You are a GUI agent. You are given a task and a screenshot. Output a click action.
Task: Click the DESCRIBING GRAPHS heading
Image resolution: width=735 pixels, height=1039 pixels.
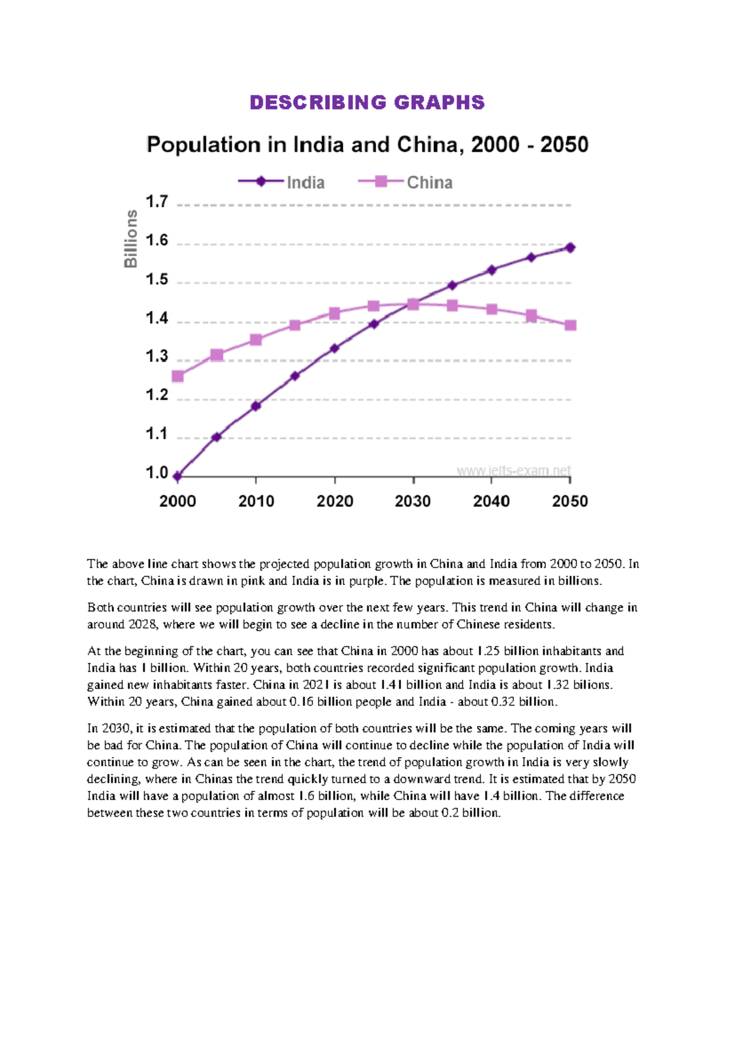367,102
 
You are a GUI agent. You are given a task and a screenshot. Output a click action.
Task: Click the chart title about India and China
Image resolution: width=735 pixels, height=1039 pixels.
367,145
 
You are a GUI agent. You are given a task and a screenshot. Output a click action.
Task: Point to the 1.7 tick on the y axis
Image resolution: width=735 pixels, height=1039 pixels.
157,202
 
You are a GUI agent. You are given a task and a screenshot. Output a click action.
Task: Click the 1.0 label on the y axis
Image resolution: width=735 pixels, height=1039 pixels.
157,473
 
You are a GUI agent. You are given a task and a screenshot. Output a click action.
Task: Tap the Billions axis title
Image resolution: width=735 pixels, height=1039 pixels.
130,239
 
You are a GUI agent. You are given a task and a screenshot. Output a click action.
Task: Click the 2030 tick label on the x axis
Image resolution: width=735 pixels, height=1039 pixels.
413,502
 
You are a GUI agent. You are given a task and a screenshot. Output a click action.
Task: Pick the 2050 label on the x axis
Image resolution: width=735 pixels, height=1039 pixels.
570,502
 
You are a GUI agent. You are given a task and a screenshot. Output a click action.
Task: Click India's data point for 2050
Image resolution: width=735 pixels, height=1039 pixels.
570,247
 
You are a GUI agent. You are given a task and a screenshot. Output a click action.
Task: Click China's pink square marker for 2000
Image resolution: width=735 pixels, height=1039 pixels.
178,376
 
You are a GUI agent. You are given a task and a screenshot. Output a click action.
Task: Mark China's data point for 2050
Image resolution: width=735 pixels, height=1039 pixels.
570,325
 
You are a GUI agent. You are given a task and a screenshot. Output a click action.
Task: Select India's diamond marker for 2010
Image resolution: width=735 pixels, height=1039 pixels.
256,406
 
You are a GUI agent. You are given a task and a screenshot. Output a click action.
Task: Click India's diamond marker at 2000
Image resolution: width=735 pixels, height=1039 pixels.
178,476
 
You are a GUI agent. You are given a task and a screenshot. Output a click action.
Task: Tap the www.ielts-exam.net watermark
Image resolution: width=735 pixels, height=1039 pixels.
513,470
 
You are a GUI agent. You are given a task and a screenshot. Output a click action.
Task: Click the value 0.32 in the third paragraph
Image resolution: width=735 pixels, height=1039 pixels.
503,702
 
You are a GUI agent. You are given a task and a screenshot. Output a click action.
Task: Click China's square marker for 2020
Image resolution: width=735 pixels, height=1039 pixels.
334,314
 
